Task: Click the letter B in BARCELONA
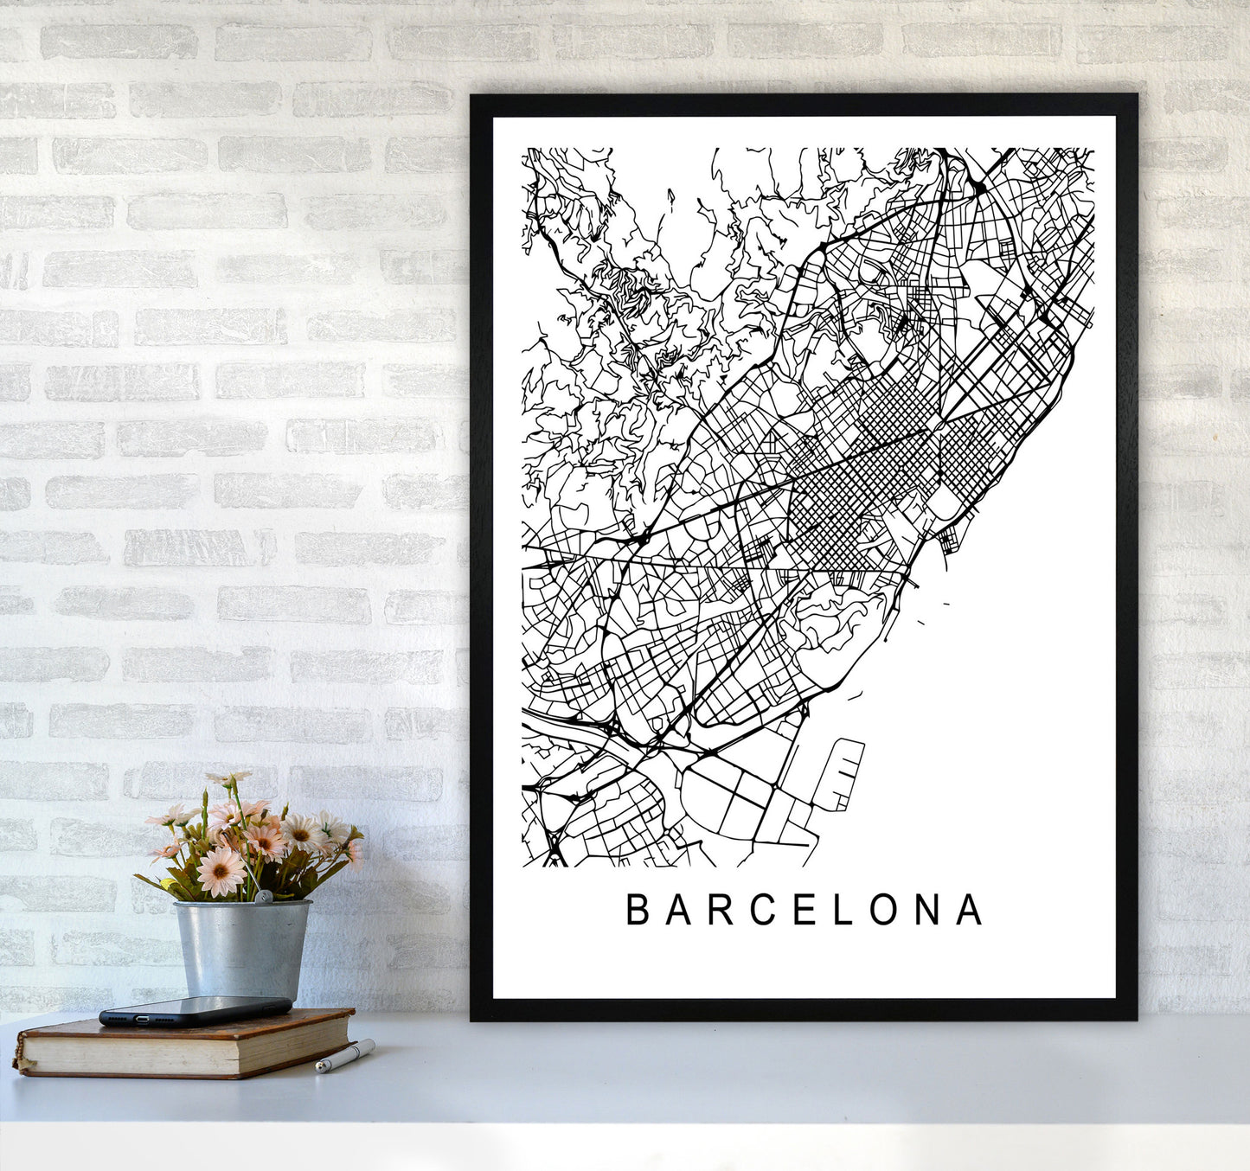point(638,909)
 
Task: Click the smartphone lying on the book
point(195,1010)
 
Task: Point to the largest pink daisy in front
point(221,870)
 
